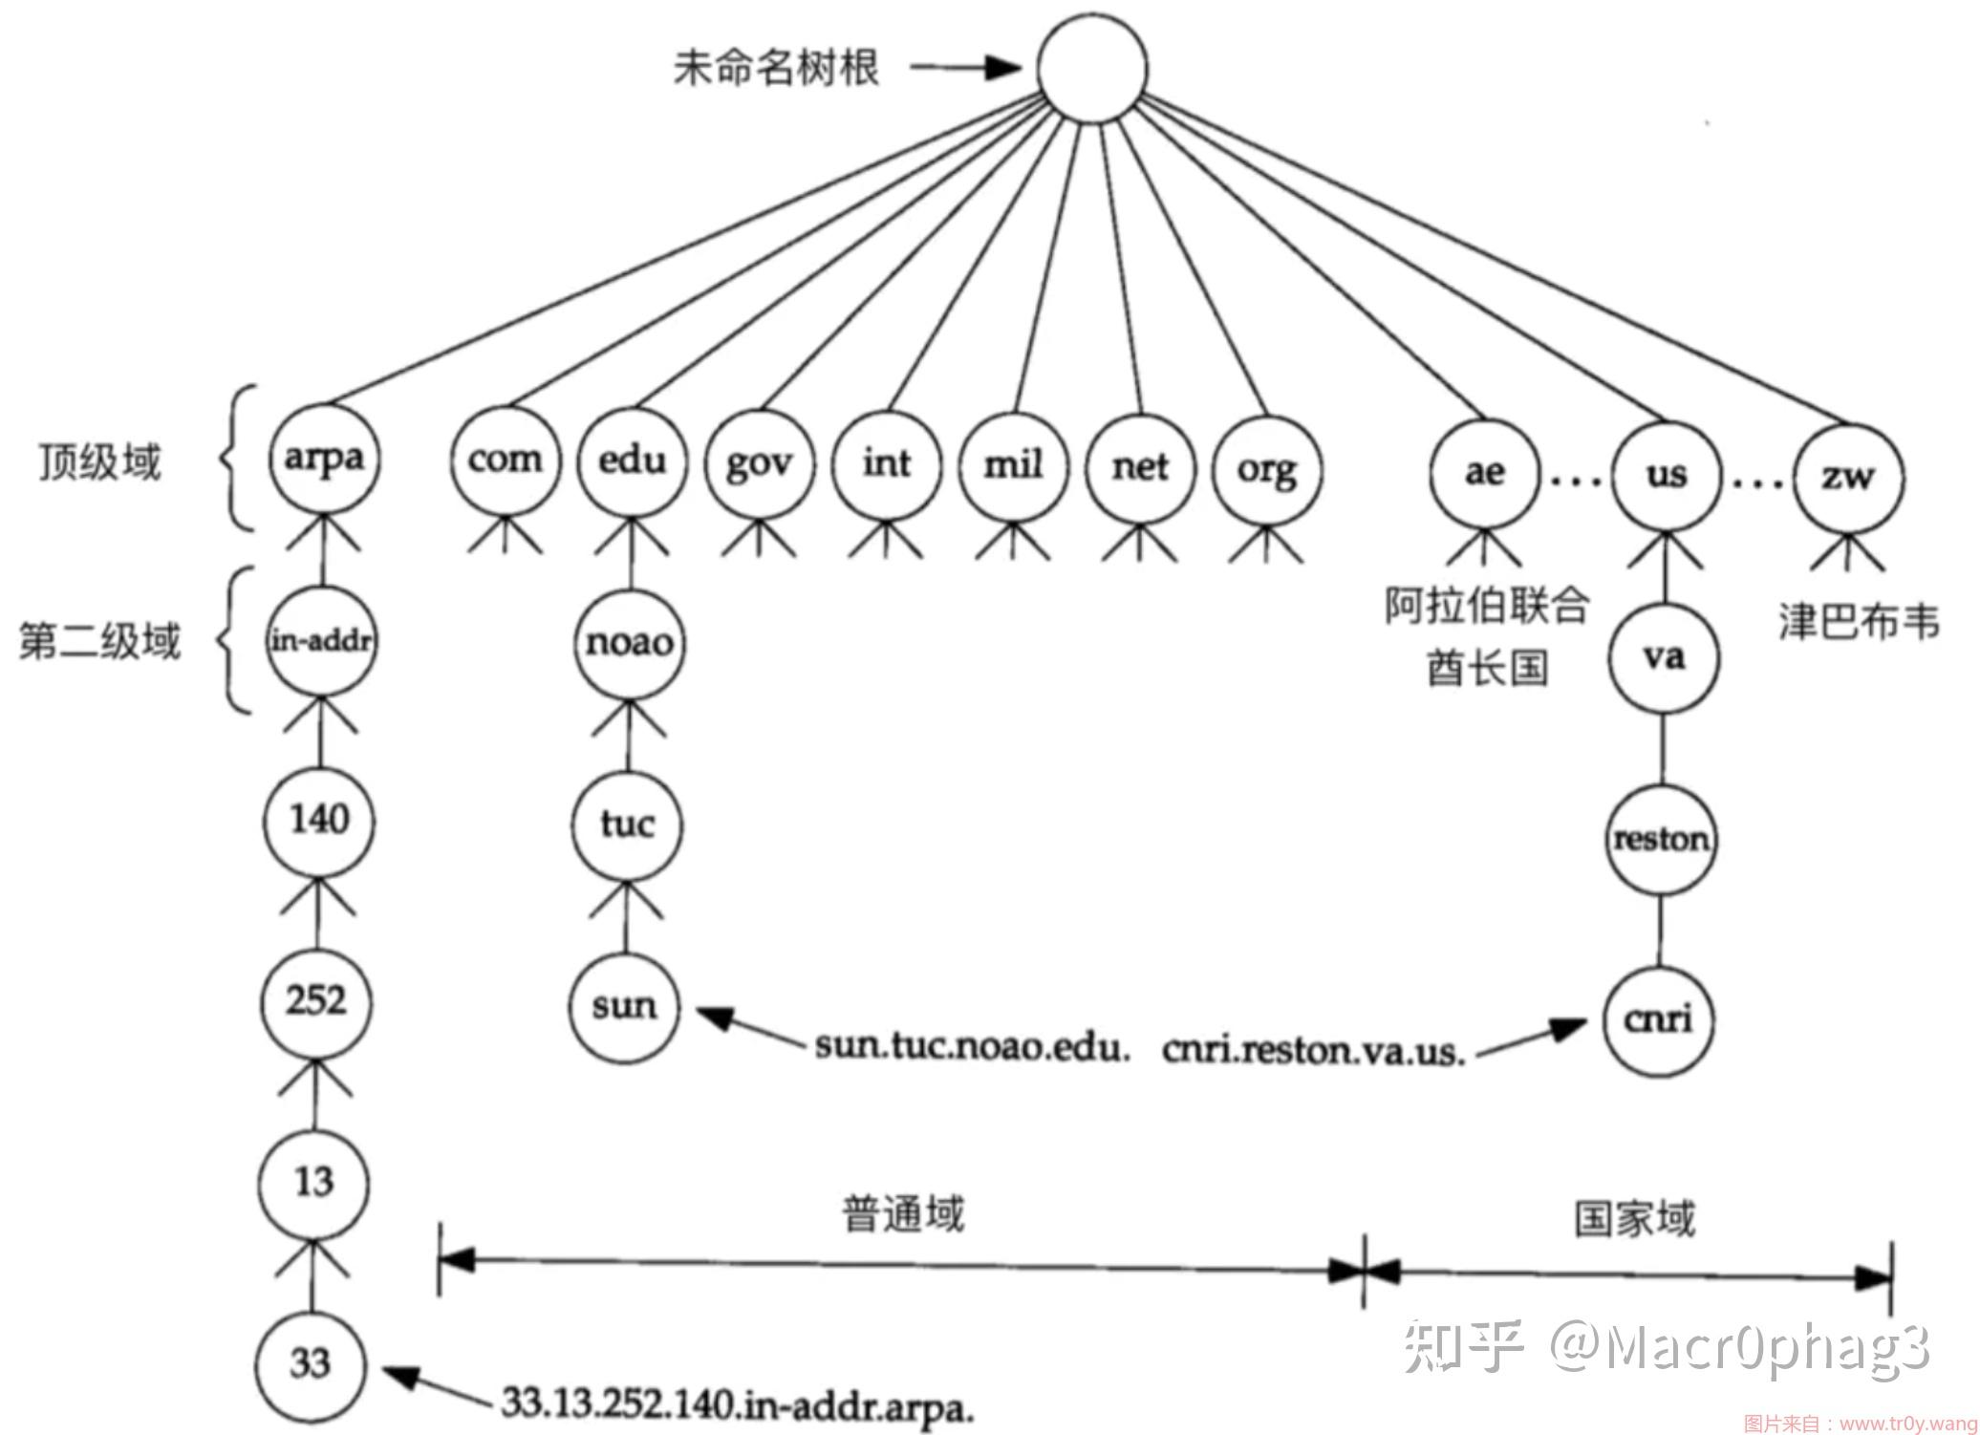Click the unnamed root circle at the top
coord(1092,68)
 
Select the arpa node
coord(323,459)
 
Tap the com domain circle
coord(505,460)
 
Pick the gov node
coord(760,464)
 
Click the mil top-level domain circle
coord(1013,466)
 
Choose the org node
coord(1267,469)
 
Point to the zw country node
coord(1848,476)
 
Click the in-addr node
coord(321,640)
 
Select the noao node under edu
coord(630,642)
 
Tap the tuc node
coord(628,823)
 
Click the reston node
coord(1661,839)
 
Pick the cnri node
coord(1659,1019)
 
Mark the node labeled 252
coord(316,1001)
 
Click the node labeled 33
coord(311,1363)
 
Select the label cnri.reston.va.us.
coord(1314,1051)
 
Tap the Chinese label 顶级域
coord(99,462)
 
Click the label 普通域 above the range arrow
coord(903,1215)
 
